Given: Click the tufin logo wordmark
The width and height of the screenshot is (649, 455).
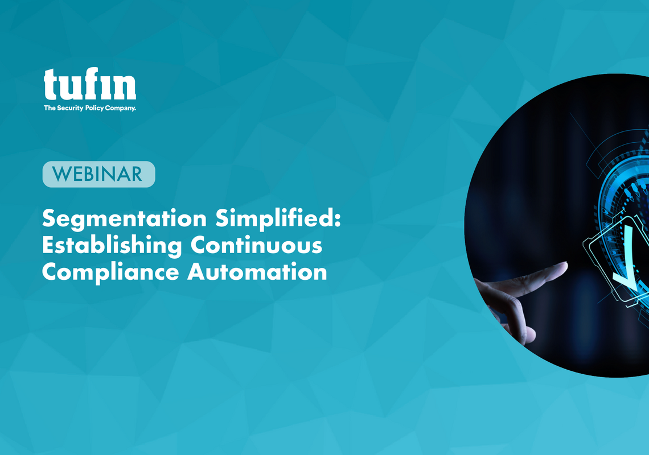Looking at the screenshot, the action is point(90,84).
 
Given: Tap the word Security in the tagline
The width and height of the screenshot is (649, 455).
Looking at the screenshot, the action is point(70,108).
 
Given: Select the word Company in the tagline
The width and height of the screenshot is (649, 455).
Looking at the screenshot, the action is point(121,109).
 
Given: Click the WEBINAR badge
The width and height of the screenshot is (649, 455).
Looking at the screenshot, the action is point(99,174).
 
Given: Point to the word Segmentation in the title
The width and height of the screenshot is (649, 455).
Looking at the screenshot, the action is point(124,219).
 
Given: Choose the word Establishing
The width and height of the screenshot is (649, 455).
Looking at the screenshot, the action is point(112,245).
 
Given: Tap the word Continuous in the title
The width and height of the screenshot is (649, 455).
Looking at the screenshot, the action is point(256,245).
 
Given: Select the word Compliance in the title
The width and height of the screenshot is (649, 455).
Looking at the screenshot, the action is point(110,272).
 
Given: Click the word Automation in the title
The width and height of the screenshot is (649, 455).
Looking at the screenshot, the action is point(257,272).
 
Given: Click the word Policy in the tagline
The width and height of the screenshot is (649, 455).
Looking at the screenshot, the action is point(95,109).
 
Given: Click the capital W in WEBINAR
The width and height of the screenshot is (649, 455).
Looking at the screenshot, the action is point(61,174).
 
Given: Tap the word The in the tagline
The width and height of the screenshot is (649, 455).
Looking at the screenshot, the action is point(50,108).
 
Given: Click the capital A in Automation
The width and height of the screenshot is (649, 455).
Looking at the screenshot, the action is point(198,272).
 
